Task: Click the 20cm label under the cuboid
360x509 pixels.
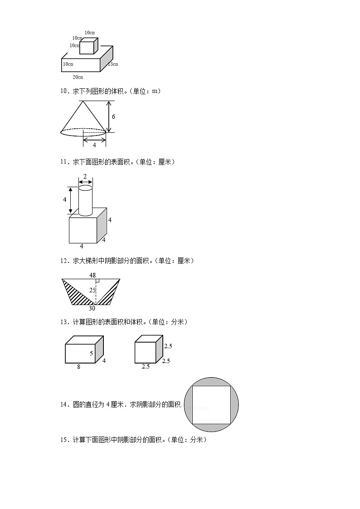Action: pyautogui.click(x=78, y=77)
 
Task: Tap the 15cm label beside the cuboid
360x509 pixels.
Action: pyautogui.click(x=112, y=64)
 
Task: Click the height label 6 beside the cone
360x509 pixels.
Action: pyautogui.click(x=113, y=116)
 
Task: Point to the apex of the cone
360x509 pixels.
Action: pyautogui.click(x=83, y=101)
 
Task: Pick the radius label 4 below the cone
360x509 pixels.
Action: pyautogui.click(x=94, y=145)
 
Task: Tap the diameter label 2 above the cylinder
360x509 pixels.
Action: pyautogui.click(x=85, y=176)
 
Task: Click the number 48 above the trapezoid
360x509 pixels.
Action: pyautogui.click(x=92, y=275)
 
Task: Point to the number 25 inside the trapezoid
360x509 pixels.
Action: pyautogui.click(x=92, y=290)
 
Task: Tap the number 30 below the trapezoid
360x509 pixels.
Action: pyautogui.click(x=92, y=309)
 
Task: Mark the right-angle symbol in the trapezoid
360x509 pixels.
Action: pyautogui.click(x=97, y=281)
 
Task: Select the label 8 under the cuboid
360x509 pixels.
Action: pyautogui.click(x=78, y=367)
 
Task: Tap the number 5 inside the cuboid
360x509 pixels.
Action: pyautogui.click(x=91, y=353)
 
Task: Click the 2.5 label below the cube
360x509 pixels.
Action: pyautogui.click(x=146, y=366)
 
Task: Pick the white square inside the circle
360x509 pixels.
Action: pyautogui.click(x=211, y=405)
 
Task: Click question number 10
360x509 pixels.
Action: pyautogui.click(x=64, y=91)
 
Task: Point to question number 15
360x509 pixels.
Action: pyautogui.click(x=64, y=440)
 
